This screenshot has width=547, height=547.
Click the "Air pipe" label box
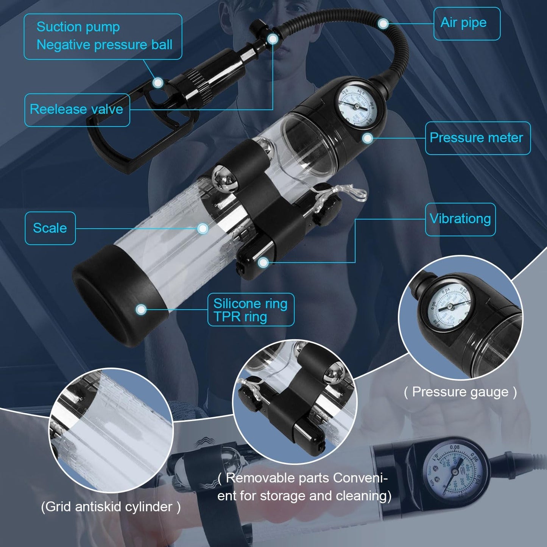[x=466, y=23]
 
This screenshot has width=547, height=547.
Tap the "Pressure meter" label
[x=477, y=138]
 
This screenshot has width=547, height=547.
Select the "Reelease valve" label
[x=77, y=110]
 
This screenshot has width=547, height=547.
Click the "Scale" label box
[x=50, y=228]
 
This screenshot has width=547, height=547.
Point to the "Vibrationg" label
[x=460, y=219]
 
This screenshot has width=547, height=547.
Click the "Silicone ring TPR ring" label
[x=251, y=310]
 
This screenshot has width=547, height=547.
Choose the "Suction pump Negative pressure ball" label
[x=103, y=36]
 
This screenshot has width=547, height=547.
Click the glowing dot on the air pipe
[x=383, y=24]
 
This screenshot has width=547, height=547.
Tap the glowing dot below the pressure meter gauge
[x=367, y=138]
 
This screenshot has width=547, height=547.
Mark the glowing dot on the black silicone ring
[x=141, y=309]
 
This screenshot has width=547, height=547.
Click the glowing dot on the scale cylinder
[x=203, y=228]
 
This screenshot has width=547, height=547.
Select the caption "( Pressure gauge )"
[x=460, y=392]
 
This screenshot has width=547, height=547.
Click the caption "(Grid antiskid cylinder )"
[x=111, y=506]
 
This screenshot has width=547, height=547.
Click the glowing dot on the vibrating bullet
[x=263, y=262]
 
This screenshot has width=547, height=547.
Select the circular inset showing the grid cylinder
[x=111, y=431]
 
